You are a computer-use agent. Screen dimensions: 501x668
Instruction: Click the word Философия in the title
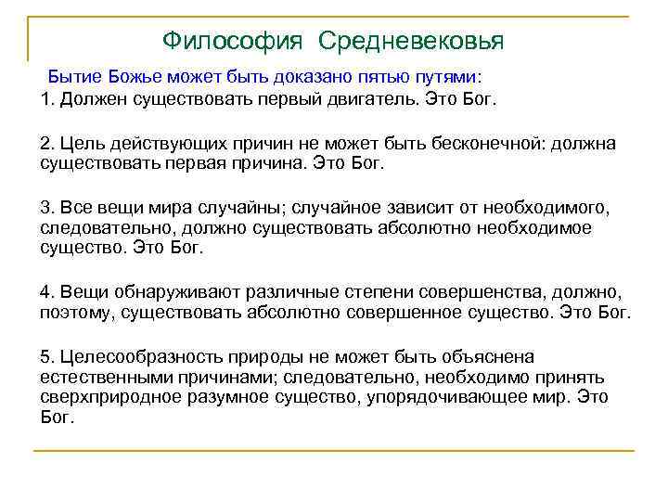[x=233, y=41]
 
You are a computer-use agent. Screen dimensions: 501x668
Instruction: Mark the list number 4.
[x=46, y=292]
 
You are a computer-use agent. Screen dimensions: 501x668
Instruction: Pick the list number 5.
[x=46, y=357]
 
